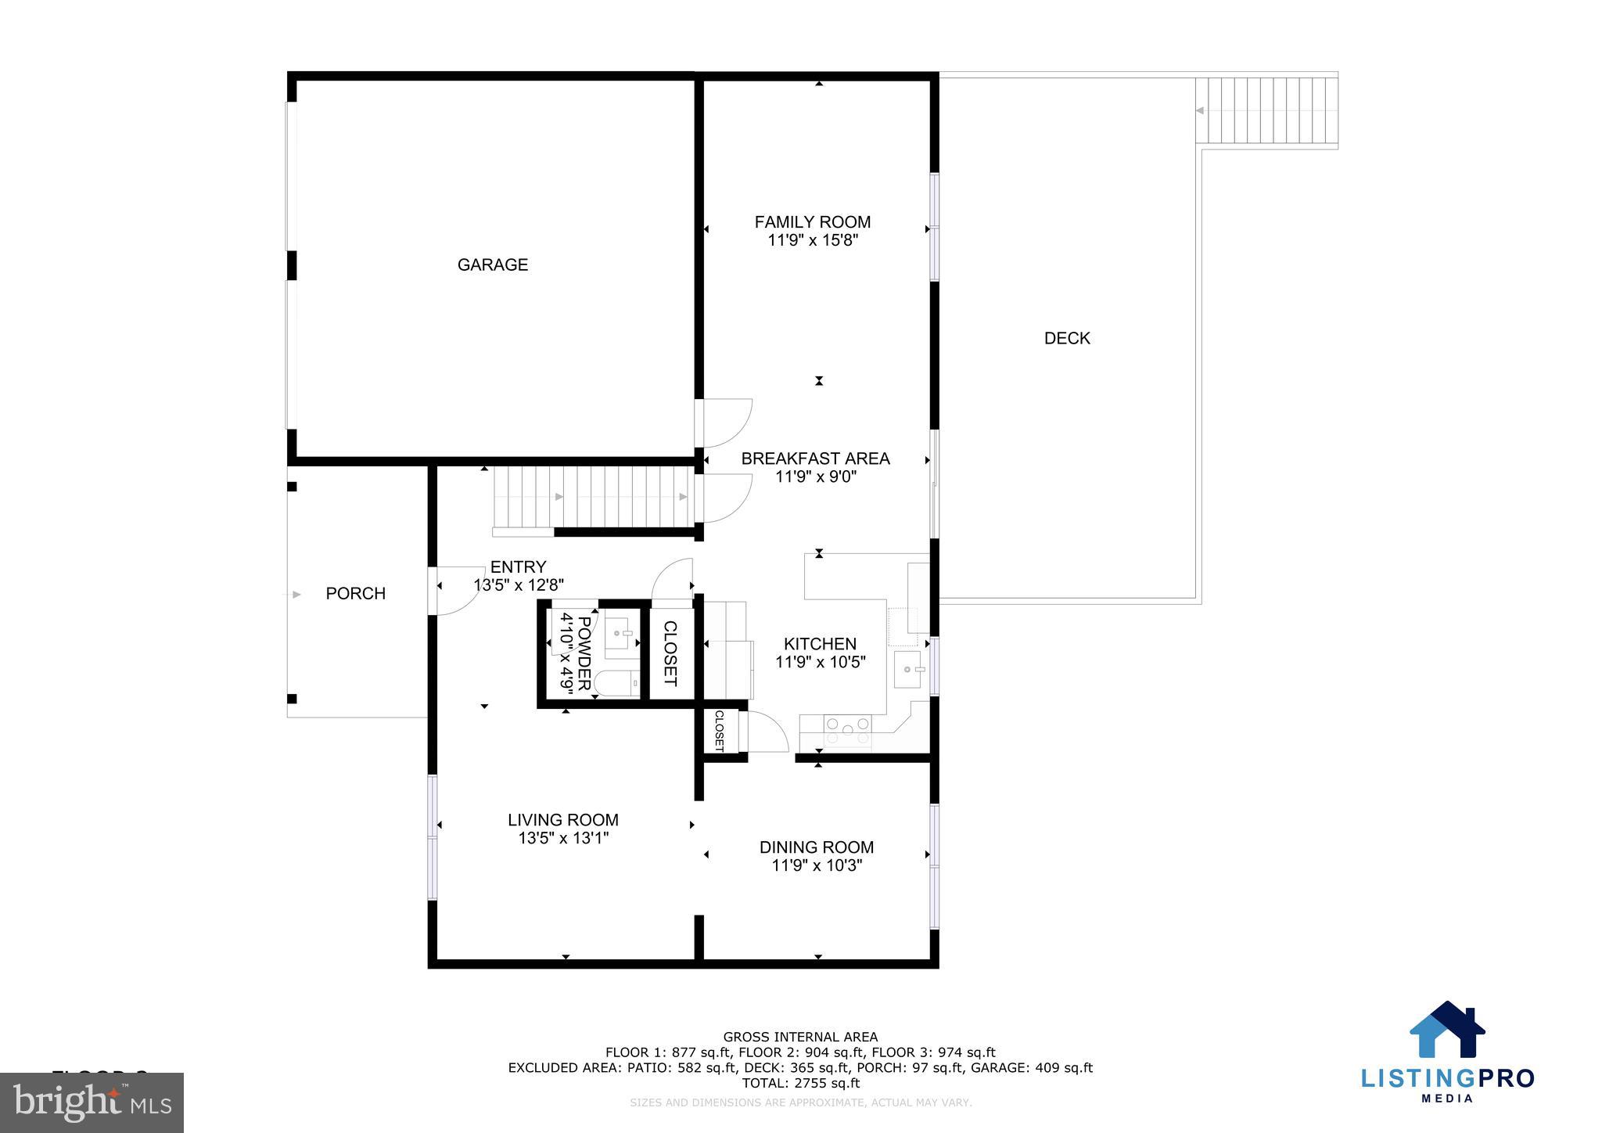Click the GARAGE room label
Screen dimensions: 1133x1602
[492, 264]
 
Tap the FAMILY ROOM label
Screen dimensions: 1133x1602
[812, 222]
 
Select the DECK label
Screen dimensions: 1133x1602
[1067, 338]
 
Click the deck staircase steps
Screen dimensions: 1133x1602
[1266, 110]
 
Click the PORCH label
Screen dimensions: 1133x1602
[355, 593]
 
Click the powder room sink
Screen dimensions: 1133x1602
[622, 632]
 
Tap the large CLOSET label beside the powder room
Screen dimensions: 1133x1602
[670, 653]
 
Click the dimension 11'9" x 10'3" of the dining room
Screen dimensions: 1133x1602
[817, 865]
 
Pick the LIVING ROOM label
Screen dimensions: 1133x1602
[562, 820]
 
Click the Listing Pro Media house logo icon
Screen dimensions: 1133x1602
[1447, 1030]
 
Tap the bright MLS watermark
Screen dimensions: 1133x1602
[92, 1102]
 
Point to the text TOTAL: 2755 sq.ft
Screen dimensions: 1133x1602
[800, 1083]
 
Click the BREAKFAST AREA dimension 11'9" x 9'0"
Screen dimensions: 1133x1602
[816, 477]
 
